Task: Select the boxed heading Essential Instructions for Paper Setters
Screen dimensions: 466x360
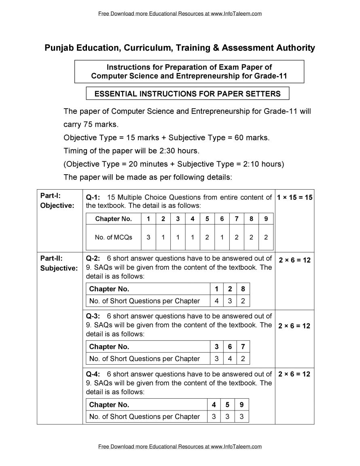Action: (187, 94)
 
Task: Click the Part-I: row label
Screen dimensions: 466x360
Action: (50, 196)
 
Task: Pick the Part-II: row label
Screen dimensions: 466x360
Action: (51, 258)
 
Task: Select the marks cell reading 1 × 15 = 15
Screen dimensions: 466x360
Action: (294, 198)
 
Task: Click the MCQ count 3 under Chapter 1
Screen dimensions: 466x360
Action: (148, 237)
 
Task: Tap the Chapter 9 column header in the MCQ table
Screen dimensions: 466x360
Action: (266, 219)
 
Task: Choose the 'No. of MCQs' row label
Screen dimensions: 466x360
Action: (114, 237)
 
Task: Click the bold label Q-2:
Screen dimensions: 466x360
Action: (93, 258)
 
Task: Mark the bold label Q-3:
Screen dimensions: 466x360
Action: (93, 316)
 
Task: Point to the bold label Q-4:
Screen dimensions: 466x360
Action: (93, 374)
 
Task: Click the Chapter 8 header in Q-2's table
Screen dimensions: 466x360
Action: (243, 289)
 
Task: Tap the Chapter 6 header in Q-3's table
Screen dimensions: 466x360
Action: (230, 346)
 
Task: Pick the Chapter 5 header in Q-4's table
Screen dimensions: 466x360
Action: (228, 404)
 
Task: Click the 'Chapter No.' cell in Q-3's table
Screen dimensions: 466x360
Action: (109, 346)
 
